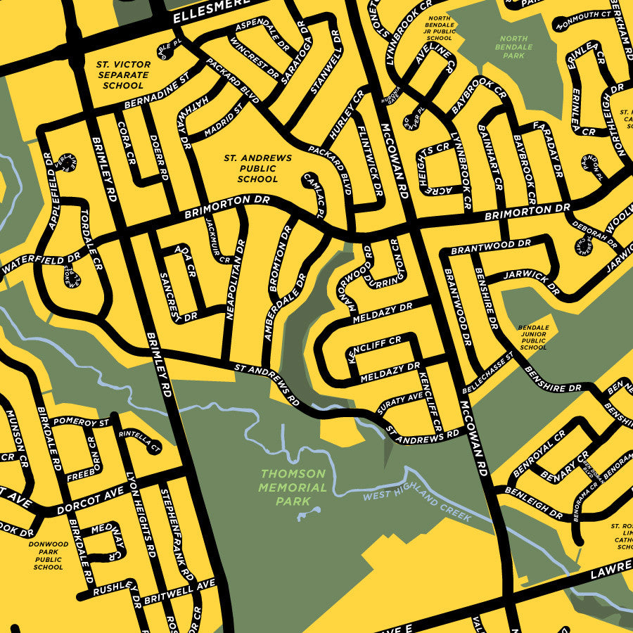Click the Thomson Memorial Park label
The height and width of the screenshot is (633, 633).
292,487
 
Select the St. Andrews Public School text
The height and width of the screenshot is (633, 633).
257,169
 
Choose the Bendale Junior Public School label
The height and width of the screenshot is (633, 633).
532,338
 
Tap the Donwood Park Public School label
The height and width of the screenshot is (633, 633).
48,555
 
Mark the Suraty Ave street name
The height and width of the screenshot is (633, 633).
399,406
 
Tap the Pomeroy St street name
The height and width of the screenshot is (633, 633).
82,423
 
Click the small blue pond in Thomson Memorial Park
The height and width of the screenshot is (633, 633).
309,515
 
